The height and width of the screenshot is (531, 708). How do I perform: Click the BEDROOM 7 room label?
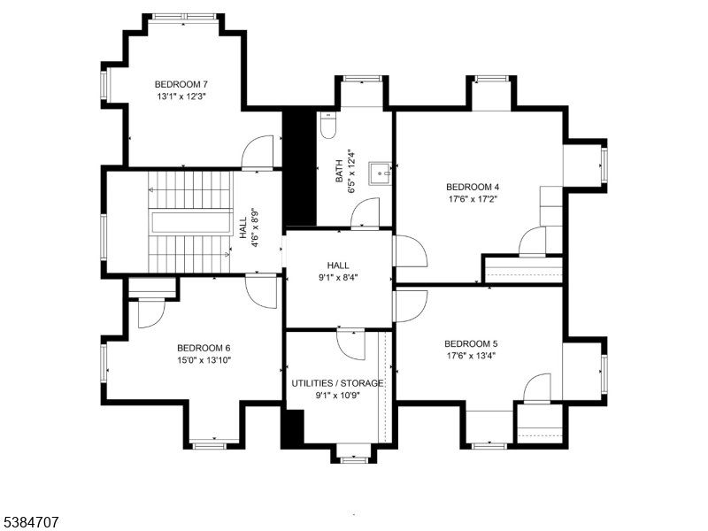coord(181,84)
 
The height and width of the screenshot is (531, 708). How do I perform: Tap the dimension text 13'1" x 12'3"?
coord(181,96)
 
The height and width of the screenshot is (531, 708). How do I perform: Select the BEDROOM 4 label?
coord(473,187)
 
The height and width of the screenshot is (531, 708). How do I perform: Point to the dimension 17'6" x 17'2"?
coord(473,199)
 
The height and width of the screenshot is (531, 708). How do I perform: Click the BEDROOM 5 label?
coord(471,343)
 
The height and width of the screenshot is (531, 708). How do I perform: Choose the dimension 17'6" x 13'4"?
coord(471,356)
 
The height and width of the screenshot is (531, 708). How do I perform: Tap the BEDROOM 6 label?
coord(204,348)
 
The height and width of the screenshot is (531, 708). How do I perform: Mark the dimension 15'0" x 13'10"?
coord(204,360)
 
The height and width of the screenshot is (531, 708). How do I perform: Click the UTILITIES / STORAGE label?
coord(337,383)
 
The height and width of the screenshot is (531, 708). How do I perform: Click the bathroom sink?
coord(381,172)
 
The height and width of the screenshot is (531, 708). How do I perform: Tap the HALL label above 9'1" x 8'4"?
coord(338,265)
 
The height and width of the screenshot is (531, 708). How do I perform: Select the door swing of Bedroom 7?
coord(258,151)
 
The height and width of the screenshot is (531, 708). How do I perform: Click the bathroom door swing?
coord(365,213)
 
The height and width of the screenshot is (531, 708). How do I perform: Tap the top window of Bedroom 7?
coord(182,16)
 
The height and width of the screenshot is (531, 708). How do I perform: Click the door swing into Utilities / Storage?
coord(350,343)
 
